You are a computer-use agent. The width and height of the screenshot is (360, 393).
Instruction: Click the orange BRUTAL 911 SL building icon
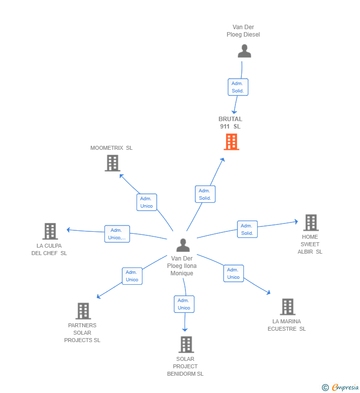point(231,142)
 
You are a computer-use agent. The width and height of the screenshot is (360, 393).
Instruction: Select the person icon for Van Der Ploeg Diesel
point(244,51)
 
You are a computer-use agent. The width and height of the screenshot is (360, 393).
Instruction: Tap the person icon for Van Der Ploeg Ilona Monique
point(183,245)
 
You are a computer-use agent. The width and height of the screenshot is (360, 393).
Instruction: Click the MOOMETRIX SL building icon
point(113,163)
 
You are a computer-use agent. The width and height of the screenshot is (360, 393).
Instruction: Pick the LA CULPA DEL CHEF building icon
point(50,231)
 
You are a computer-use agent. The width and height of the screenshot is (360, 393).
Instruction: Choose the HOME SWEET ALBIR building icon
point(311,222)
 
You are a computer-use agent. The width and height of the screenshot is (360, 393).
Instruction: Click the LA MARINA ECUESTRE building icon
point(288,307)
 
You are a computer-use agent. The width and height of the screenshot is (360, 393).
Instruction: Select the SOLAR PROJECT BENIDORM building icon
point(186,345)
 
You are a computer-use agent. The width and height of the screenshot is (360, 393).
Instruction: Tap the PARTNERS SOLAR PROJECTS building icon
point(83,311)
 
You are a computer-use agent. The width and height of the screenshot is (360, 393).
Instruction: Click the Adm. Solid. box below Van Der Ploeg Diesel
point(238,87)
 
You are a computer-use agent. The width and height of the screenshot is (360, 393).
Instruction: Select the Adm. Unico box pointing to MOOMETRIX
point(147,202)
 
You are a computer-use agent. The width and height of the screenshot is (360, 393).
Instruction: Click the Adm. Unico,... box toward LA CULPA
point(117,234)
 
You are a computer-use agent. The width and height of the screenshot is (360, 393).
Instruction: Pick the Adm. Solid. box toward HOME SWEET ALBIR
point(247,229)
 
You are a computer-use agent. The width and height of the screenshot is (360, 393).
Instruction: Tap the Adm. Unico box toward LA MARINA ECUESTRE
point(233,273)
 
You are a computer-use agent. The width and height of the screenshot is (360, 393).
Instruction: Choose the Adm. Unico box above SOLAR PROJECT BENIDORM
point(184,304)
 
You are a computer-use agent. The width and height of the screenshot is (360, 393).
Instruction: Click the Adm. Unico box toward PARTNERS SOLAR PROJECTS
point(132,276)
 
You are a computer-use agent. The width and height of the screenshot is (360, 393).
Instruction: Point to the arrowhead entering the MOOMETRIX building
point(121,175)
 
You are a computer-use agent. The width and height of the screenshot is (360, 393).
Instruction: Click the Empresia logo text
point(345,388)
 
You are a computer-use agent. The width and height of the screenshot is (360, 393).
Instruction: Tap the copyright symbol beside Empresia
point(325,388)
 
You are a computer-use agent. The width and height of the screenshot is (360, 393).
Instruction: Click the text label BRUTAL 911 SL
point(230,123)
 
